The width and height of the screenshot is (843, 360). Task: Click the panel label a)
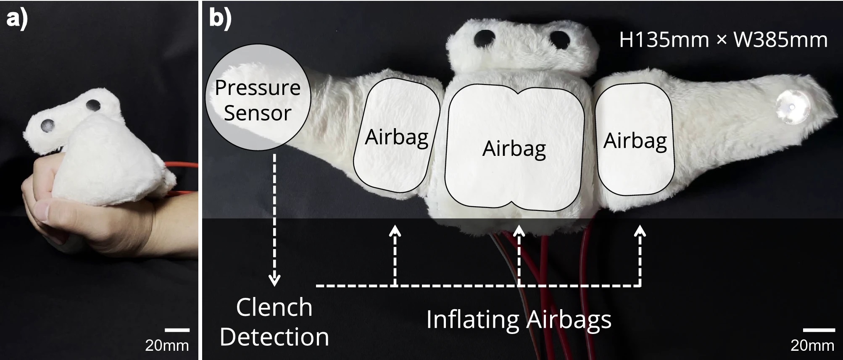click(x=17, y=18)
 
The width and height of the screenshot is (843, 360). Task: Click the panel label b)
click(x=220, y=18)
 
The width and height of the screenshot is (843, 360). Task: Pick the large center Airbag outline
click(x=514, y=148)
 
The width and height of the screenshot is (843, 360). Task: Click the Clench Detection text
click(x=274, y=322)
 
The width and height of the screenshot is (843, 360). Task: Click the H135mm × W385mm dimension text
click(x=723, y=40)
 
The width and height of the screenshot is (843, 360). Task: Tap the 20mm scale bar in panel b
click(x=819, y=330)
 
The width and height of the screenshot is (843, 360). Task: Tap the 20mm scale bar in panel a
click(x=177, y=330)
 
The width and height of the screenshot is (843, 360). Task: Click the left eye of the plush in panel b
click(x=484, y=38)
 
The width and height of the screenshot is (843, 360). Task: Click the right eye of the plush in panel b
click(x=559, y=39)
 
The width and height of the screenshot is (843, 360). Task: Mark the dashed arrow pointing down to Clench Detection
click(x=274, y=218)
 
